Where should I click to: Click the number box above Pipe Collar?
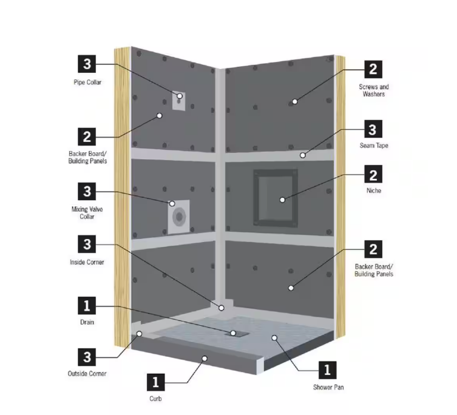tap(87, 64)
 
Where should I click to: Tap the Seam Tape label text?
tap(374, 146)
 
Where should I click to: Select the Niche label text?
tap(374, 191)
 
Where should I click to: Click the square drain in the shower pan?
tap(237, 334)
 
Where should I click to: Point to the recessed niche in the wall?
tap(276, 198)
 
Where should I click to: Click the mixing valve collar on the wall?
tap(178, 217)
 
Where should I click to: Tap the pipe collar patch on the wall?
tap(178, 101)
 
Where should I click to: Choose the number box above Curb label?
tap(155, 382)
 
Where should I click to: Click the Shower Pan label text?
tap(328, 387)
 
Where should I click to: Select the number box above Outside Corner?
tap(87, 357)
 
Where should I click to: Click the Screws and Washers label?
tap(374, 90)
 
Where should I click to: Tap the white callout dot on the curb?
tap(205, 359)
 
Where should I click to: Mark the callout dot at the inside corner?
tap(222, 308)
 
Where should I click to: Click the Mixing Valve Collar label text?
tap(87, 213)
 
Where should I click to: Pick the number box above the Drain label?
tap(87, 306)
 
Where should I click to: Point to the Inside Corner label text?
tap(87, 262)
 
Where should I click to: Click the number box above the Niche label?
tap(373, 175)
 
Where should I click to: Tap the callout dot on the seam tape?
tap(303, 155)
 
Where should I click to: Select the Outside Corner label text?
tap(87, 374)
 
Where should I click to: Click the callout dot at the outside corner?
tap(140, 334)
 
